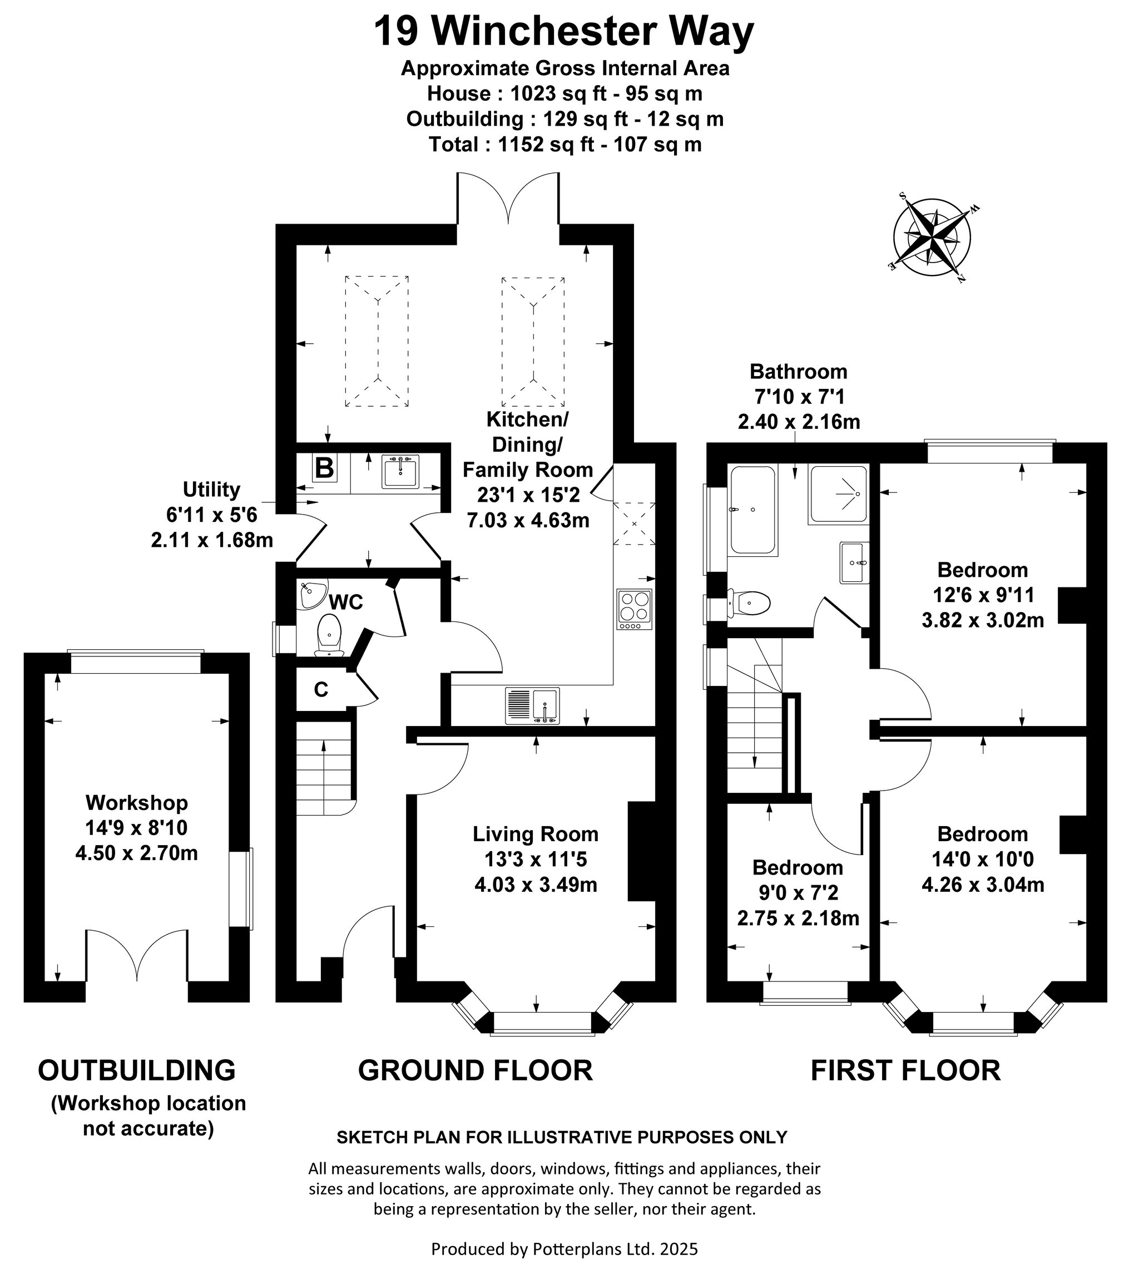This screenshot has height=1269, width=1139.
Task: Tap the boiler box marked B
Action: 324,468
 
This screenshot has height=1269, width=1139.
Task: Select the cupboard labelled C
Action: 320,689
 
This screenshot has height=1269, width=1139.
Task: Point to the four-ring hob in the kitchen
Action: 635,609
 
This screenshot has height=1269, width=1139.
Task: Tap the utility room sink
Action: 400,471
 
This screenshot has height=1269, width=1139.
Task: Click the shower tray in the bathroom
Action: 839,495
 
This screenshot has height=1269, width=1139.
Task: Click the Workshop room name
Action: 136,802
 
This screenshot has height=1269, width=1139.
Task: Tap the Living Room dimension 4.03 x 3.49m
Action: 536,885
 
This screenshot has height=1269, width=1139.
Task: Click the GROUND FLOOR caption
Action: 475,1070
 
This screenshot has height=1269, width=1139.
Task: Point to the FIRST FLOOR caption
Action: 905,1070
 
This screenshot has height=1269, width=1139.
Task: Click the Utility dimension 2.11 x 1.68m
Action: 212,540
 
